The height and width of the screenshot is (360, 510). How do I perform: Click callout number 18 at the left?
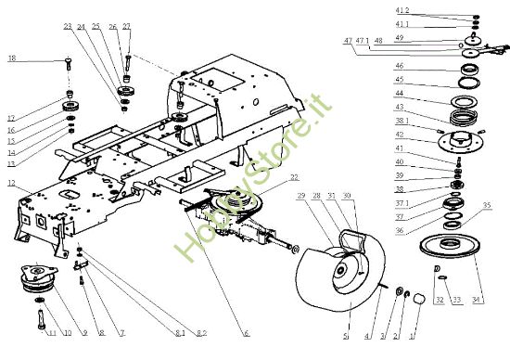pos(12,58)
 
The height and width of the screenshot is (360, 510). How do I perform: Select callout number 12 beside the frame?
pos(12,184)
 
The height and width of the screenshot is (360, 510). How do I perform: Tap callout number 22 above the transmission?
pos(294,176)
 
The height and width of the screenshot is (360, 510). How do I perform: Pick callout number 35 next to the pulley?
pos(487,205)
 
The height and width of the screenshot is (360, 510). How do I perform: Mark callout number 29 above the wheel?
pos(301,197)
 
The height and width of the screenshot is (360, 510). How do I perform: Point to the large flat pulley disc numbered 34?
pos(442,251)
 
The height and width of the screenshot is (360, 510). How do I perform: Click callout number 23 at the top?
pos(68,26)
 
